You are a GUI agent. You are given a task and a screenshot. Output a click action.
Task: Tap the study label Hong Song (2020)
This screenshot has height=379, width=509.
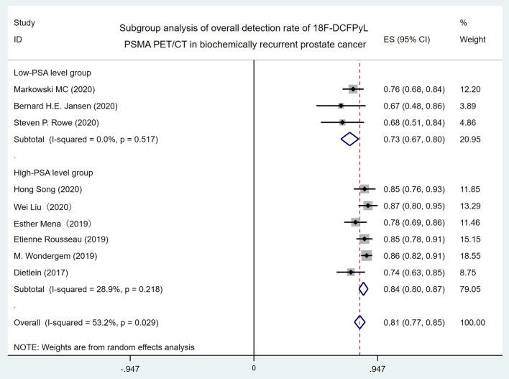[x=48, y=189]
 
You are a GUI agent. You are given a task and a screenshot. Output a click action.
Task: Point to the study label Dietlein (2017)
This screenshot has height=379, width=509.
[x=44, y=272]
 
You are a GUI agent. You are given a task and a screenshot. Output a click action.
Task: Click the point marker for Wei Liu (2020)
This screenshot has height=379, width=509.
[x=369, y=206]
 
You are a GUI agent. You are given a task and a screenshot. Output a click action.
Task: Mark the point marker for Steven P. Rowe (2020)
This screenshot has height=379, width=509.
[x=342, y=122]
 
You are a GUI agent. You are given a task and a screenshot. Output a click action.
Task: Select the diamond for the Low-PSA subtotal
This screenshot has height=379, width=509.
[x=349, y=139]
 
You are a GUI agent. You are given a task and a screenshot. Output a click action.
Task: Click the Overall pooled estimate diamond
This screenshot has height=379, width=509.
[x=360, y=322]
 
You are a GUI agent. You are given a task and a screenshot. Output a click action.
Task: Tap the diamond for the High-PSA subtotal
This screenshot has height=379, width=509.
[x=363, y=289]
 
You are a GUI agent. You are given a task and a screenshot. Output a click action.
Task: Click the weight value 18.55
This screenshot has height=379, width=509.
[x=470, y=255]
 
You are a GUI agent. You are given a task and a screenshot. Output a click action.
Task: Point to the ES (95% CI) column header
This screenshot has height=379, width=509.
[x=406, y=40]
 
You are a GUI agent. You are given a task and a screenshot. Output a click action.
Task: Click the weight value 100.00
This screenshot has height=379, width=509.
[x=472, y=322]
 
